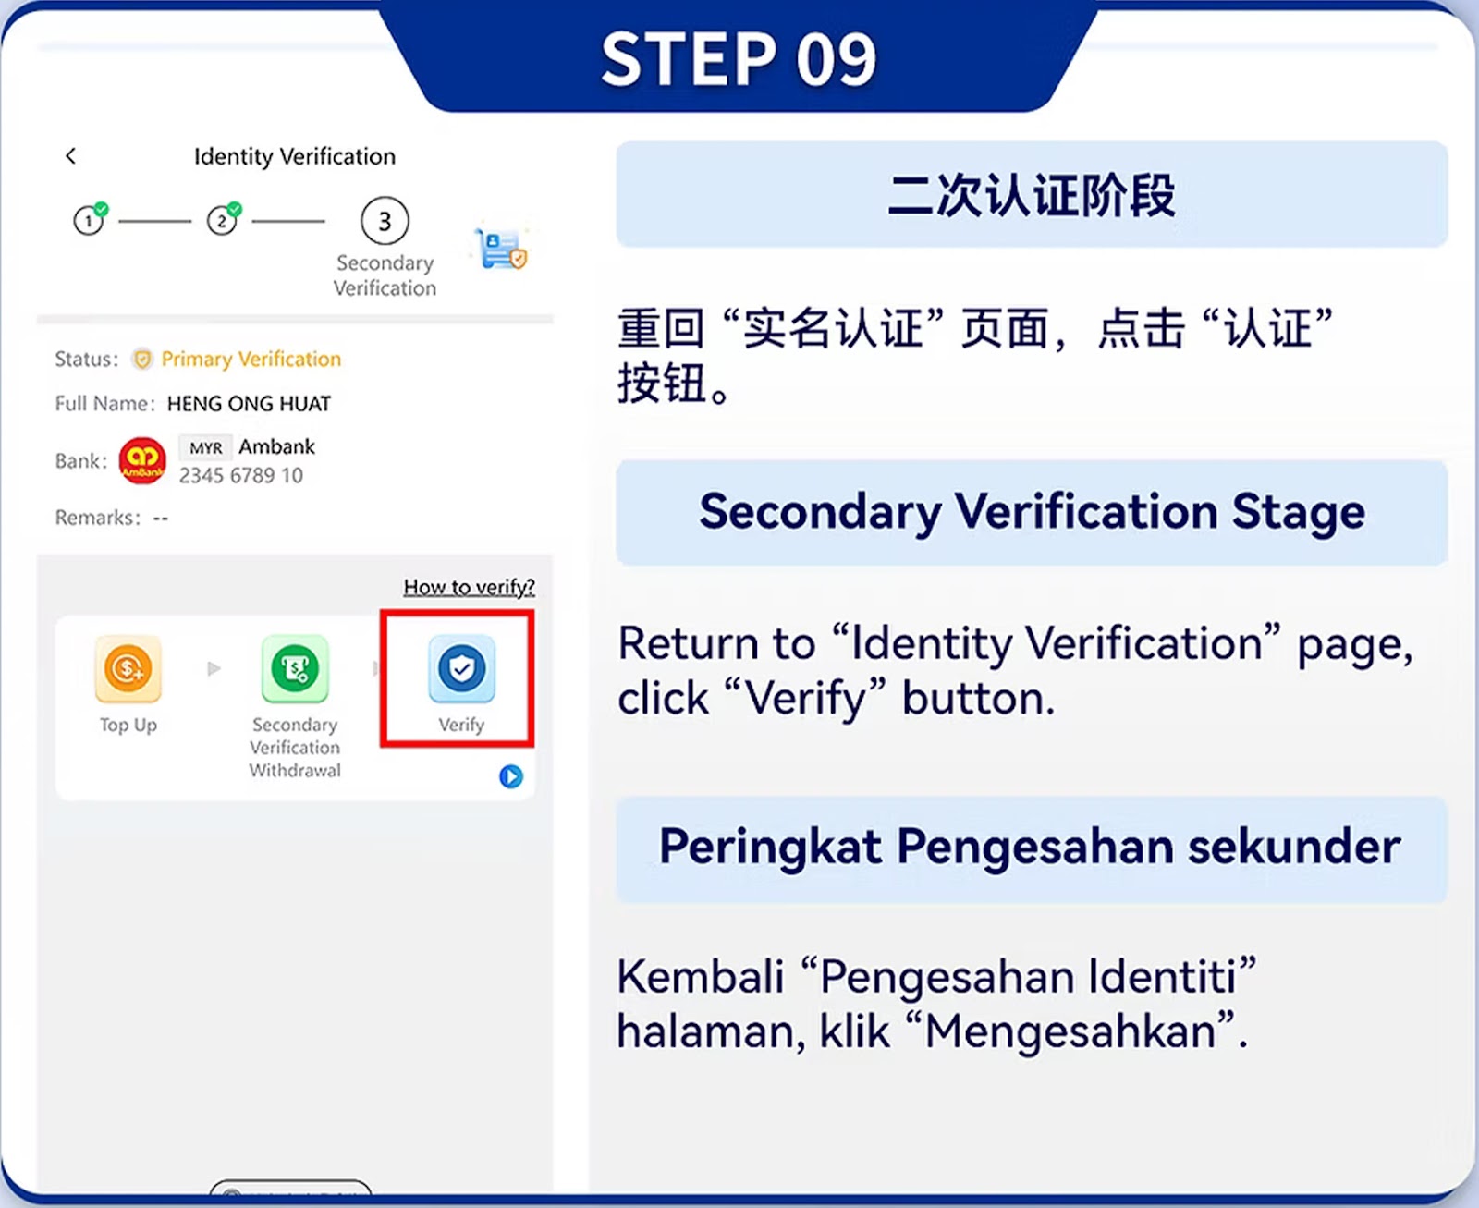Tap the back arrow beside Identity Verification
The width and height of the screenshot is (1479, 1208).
71,156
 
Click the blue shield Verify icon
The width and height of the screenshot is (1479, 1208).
461,669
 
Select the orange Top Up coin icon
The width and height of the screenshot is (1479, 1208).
128,669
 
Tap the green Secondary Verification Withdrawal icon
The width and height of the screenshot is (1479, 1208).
295,669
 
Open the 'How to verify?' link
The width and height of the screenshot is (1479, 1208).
469,587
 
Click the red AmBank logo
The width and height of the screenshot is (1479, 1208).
142,460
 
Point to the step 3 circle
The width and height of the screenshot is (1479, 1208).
385,221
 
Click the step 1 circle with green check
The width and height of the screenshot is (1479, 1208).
89,221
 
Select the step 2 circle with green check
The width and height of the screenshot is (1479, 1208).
222,221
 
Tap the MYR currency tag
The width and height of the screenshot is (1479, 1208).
205,448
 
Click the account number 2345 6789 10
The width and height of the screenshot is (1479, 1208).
240,475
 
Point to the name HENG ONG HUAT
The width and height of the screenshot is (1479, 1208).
249,404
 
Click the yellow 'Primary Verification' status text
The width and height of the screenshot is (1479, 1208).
251,359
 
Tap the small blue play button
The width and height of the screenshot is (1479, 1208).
511,776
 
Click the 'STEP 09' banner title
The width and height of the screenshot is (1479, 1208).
739,59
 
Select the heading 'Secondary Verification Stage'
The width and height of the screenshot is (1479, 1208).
1032,511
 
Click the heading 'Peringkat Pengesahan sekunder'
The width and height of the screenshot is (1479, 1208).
1030,846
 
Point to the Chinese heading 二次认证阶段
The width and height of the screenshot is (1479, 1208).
1032,195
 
